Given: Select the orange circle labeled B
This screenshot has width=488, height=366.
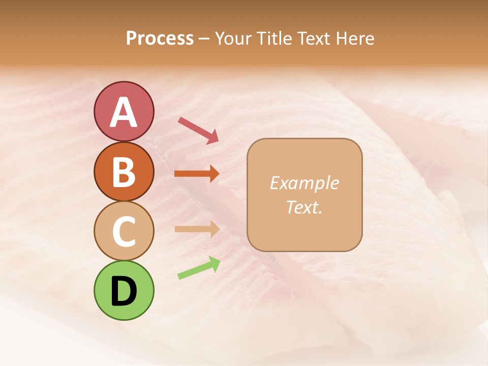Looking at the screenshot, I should (124, 171).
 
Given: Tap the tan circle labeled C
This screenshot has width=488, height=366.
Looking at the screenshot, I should (124, 231).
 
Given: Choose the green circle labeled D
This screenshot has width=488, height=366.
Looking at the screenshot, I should (124, 290).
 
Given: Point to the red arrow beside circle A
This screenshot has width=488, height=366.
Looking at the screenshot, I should (198, 130).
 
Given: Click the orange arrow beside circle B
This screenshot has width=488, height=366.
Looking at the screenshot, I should (197, 173).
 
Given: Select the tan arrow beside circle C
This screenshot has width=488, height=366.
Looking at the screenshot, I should (197, 229).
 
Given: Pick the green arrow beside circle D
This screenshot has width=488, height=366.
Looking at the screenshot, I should (199, 268).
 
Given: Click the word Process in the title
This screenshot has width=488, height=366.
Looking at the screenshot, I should (160, 39).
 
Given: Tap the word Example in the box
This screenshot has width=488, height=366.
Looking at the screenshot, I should (304, 183).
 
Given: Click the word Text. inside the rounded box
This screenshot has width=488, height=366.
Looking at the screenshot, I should (304, 207).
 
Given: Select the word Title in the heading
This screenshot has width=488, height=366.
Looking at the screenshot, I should (275, 39).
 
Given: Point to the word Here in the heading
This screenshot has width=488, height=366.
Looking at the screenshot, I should (356, 39).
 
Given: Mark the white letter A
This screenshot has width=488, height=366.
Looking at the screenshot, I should (124, 112).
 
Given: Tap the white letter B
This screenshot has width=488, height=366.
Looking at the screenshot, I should (124, 172).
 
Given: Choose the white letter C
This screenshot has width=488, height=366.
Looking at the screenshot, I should (124, 231).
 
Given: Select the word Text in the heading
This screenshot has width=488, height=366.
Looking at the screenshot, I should (315, 39).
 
